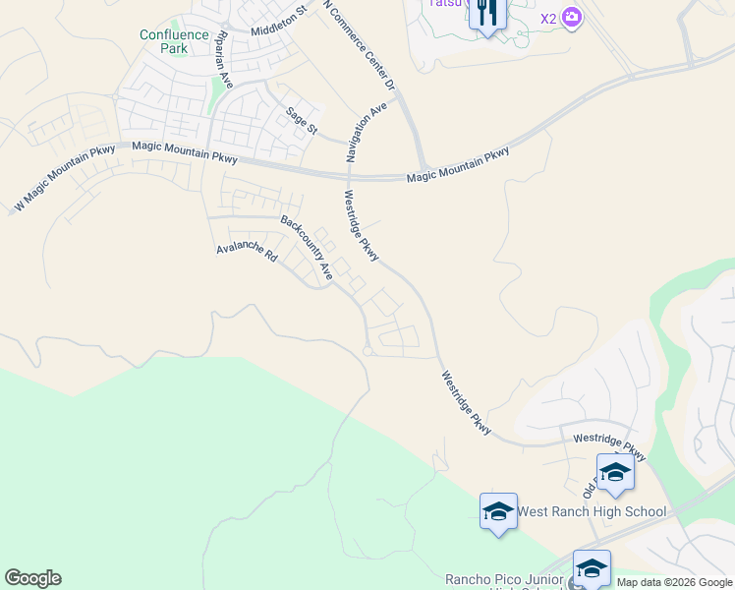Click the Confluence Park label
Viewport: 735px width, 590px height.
[174, 40]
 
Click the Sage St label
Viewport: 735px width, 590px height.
[302, 121]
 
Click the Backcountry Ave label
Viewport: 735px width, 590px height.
[308, 247]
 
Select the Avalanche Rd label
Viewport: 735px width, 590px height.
[248, 253]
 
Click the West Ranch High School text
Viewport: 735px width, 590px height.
[592, 511]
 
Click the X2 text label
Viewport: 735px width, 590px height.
[548, 18]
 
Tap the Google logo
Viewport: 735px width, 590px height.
[32, 578]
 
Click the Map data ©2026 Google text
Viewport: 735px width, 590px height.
[674, 582]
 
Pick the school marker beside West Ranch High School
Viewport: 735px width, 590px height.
[498, 511]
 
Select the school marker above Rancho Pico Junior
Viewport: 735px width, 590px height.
[592, 568]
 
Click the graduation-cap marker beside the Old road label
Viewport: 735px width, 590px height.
[615, 473]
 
